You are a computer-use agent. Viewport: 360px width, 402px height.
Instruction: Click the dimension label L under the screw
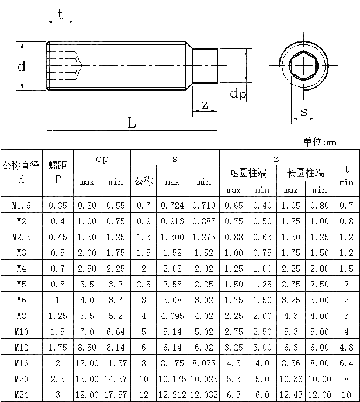click(131, 123)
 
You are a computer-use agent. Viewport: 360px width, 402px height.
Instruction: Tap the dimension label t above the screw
click(60, 15)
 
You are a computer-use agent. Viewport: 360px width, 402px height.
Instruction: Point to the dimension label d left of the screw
click(22, 67)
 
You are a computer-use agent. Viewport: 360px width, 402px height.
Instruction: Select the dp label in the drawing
click(237, 94)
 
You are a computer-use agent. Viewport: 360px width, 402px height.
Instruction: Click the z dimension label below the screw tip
click(205, 105)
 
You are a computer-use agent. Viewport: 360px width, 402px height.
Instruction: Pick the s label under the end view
click(303, 111)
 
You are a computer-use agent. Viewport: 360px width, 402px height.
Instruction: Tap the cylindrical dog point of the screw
click(205, 65)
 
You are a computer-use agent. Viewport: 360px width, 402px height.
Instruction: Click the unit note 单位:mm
click(320, 142)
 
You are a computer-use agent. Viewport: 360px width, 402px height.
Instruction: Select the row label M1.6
click(22, 205)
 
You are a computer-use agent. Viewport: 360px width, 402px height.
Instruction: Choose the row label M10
click(22, 331)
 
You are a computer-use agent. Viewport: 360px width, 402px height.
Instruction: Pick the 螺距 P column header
click(57, 172)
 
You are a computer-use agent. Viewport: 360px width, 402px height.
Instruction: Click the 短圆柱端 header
click(248, 173)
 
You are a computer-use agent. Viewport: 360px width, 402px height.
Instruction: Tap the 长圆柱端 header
click(305, 173)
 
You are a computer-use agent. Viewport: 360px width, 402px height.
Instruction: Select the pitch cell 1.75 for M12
click(57, 347)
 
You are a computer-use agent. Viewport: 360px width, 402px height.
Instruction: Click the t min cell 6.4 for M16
click(347, 363)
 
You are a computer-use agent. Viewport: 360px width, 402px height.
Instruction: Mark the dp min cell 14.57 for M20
click(116, 379)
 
